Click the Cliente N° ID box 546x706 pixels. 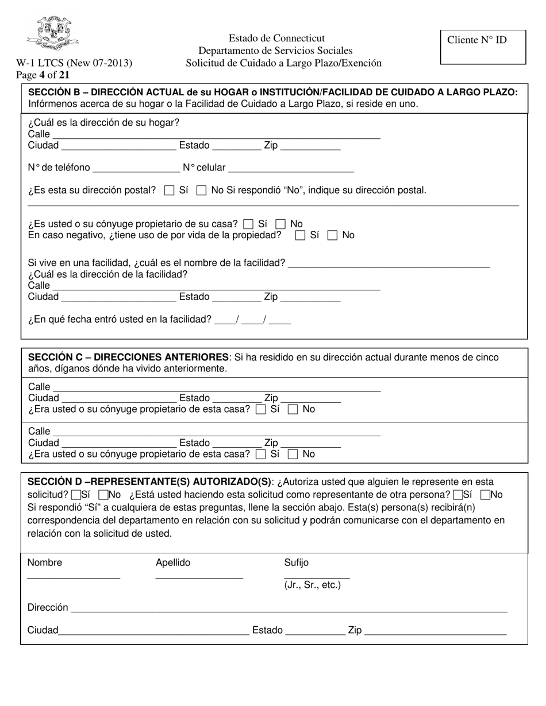483,47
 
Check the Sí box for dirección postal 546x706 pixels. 169,191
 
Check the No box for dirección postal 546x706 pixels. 201,191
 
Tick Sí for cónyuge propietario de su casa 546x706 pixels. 248,224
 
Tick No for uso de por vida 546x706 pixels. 332,235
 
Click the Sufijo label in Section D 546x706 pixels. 296,563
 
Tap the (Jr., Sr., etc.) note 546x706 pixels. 312,585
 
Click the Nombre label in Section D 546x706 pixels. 45,563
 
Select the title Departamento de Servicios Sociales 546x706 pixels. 275,51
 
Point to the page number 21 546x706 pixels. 64,75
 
